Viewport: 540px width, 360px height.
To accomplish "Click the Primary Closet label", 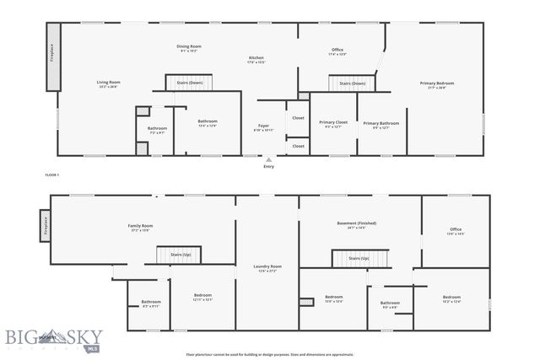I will pyautogui.click(x=333, y=123).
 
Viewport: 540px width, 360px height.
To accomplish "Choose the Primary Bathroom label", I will pyautogui.click(x=381, y=124).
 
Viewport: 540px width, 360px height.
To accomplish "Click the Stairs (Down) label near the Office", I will pyautogui.click(x=352, y=83).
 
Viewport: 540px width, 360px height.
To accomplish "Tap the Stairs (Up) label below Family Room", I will pyautogui.click(x=181, y=254).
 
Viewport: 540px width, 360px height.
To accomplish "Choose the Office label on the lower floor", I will pyautogui.click(x=456, y=230).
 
